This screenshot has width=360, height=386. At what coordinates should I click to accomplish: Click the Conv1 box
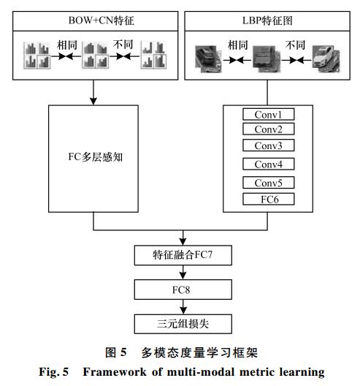click(x=268, y=115)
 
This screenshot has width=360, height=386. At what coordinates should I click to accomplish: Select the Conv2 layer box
click(x=268, y=129)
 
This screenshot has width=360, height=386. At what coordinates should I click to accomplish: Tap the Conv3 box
click(x=268, y=145)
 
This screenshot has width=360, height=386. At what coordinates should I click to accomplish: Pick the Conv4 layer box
click(x=268, y=164)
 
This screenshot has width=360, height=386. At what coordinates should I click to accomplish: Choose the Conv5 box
click(x=268, y=183)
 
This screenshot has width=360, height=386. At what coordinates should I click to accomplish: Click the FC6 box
click(x=268, y=199)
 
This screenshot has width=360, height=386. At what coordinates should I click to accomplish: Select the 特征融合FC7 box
click(x=183, y=255)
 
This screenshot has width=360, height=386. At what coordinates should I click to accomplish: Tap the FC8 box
click(x=183, y=289)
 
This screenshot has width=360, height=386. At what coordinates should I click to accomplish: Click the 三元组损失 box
click(x=183, y=324)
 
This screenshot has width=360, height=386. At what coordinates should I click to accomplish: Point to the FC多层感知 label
click(x=95, y=156)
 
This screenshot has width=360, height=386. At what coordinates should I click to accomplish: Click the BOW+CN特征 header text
click(x=101, y=20)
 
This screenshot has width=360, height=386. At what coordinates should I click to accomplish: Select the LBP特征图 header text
click(x=267, y=20)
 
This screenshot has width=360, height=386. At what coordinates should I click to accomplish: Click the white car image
click(x=326, y=59)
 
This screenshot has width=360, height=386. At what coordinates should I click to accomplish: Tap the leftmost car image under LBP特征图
click(x=208, y=59)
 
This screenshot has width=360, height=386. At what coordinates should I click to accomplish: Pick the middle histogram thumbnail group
click(x=96, y=55)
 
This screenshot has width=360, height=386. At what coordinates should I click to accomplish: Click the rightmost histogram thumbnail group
click(x=153, y=55)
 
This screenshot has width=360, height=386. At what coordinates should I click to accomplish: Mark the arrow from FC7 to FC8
click(x=183, y=272)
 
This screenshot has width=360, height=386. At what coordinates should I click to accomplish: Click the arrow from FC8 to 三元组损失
click(x=183, y=307)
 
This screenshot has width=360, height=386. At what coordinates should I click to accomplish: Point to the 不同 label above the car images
click(x=295, y=45)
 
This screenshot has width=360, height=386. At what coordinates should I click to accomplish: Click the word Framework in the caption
click(x=115, y=371)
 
